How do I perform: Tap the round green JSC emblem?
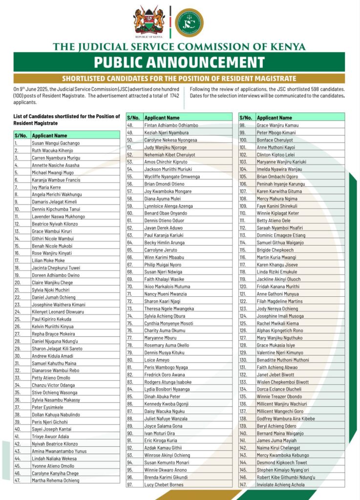click(x=189, y=22)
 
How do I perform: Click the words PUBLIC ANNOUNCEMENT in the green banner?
click(x=179, y=62)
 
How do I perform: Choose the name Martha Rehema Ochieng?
click(x=55, y=480)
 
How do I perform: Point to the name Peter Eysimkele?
click(x=48, y=407)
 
